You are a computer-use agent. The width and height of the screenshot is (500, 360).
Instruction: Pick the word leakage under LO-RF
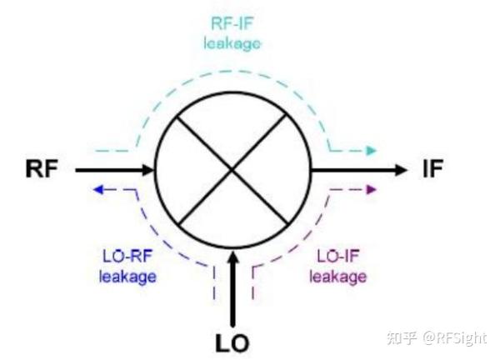coord(127,277)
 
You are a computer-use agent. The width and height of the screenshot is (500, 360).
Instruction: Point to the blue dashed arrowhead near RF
coord(97,190)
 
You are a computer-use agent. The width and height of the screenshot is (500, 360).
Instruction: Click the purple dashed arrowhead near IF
coord(371,190)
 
